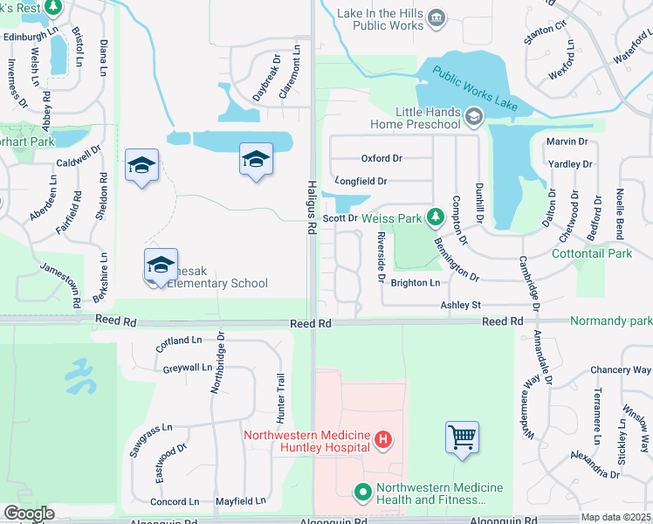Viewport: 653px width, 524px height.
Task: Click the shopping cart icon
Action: [462, 436]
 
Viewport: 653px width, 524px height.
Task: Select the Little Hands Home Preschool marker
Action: [473, 116]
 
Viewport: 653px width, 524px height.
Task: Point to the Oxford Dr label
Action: [381, 158]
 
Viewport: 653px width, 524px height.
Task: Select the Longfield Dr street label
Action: [361, 182]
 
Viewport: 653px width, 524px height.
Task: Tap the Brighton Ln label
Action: [415, 283]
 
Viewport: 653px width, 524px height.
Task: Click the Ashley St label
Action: [460, 305]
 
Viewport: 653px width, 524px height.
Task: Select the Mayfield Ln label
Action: [240, 501]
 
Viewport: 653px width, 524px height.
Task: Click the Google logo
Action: [29, 514]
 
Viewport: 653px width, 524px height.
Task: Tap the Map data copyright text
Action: [616, 517]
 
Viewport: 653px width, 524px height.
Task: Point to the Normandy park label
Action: [611, 321]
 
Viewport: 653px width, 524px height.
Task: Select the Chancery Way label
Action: [615, 370]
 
